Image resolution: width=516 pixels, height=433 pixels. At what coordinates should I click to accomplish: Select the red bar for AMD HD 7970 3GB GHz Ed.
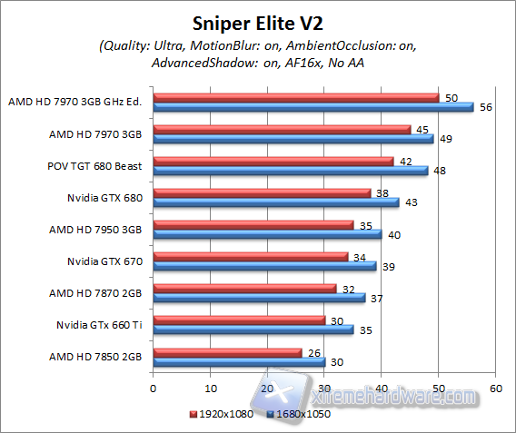click(296, 97)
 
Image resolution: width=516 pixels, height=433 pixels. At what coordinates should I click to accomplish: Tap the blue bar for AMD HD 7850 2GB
click(239, 361)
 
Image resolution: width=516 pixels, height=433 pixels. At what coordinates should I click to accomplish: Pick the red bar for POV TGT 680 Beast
click(273, 161)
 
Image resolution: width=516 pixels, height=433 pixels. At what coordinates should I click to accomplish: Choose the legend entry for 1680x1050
click(299, 413)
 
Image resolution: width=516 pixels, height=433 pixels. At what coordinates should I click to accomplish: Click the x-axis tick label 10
click(211, 388)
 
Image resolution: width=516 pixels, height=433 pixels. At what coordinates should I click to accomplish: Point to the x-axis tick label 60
click(495, 388)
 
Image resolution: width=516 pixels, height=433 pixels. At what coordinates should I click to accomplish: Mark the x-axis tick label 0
click(154, 388)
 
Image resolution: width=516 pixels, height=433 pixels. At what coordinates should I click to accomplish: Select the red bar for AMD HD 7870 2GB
click(245, 288)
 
